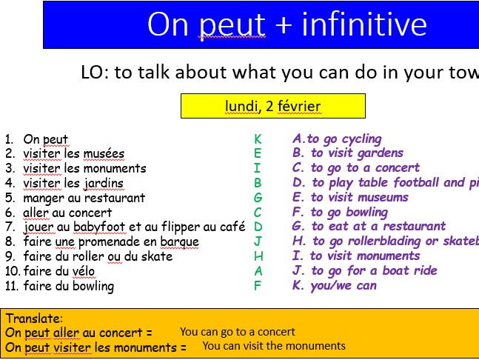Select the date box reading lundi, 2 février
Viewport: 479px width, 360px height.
coord(273,106)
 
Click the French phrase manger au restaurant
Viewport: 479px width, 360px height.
coord(84,198)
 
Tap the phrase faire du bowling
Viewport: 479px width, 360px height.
coord(68,285)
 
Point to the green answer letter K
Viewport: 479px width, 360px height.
coord(258,139)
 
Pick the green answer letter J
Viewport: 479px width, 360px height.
coord(258,241)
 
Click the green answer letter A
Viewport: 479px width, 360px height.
coord(258,270)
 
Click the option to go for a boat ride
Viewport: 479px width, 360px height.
coord(365,270)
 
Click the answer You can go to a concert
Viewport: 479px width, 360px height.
coord(237,332)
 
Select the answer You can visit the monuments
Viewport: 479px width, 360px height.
coord(274,345)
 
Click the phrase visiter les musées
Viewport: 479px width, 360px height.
coord(73,153)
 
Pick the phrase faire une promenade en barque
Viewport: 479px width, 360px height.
coord(111,241)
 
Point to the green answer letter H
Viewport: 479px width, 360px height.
coord(258,256)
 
